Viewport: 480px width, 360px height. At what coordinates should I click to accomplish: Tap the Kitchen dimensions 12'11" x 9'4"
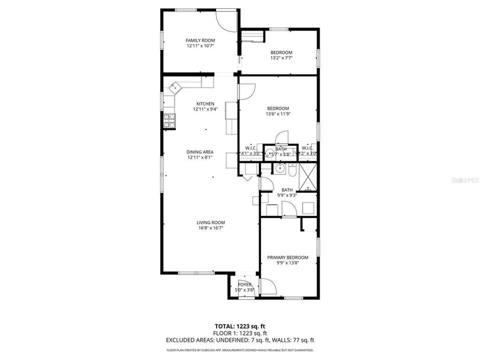click(205, 109)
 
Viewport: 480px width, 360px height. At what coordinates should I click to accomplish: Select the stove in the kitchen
click(169, 120)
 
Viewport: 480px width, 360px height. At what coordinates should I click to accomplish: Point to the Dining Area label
click(200, 152)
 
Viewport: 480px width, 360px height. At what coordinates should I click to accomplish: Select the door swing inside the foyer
click(268, 287)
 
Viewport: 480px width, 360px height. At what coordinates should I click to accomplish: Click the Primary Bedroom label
click(287, 257)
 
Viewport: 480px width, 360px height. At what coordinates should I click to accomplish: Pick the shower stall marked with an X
click(308, 176)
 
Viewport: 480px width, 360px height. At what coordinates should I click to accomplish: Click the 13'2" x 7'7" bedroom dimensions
click(281, 58)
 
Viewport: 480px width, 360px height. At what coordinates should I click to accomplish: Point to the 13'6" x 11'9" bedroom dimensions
click(277, 114)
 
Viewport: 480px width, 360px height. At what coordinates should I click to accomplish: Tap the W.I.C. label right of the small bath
click(307, 148)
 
